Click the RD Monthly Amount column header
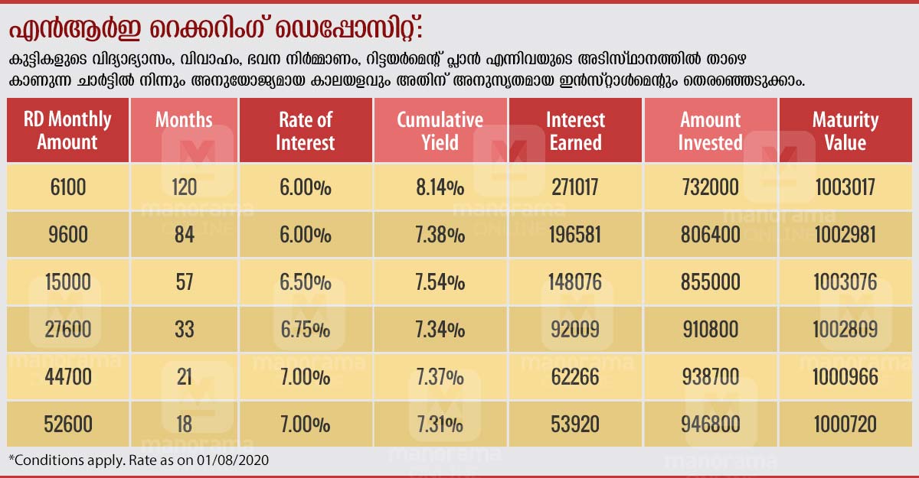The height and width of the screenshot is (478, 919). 67,131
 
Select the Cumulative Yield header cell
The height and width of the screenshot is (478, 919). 440,131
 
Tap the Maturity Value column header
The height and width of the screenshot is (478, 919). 845,131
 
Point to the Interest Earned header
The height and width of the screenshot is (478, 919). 575,131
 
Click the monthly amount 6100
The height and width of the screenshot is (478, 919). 67,187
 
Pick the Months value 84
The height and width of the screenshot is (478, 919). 184,234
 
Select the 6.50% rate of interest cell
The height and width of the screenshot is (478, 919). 306,282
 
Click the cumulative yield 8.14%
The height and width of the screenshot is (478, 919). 440,187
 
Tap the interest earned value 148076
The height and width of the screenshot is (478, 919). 575,282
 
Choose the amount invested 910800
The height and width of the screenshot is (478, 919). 710,330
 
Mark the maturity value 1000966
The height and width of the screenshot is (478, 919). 845,377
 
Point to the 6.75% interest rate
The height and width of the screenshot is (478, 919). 306,330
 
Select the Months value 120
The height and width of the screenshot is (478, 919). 184,187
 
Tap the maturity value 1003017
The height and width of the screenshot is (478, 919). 845,187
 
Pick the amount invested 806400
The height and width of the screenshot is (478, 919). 710,234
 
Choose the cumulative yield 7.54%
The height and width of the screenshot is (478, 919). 440,282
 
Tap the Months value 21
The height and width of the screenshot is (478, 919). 184,377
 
